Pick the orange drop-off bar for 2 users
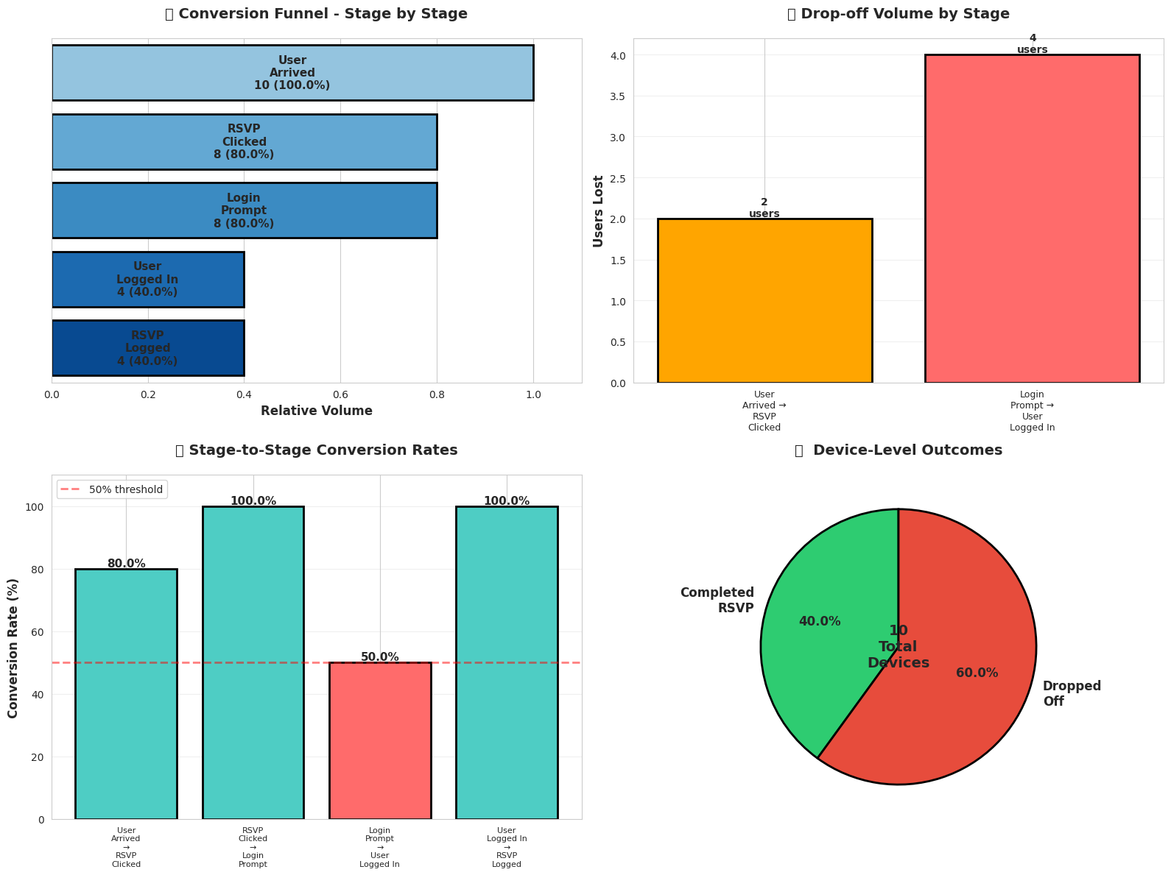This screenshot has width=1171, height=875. (x=764, y=301)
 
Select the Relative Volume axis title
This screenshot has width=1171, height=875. (x=317, y=411)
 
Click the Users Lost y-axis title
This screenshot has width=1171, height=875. (x=599, y=211)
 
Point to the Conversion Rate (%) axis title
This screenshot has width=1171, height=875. (x=13, y=647)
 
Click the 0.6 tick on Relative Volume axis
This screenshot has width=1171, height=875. (x=340, y=395)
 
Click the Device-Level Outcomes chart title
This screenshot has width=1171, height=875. (x=898, y=450)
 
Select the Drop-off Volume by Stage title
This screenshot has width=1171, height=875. (x=898, y=14)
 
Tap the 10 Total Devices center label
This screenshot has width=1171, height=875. (x=898, y=647)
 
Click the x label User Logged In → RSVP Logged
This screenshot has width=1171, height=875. (x=507, y=847)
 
